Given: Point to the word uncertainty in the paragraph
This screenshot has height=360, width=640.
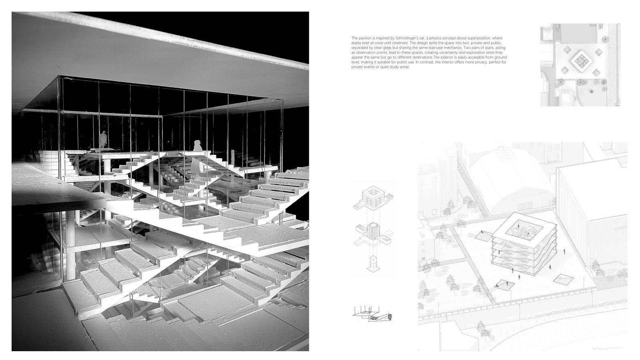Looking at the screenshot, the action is click(x=449, y=52).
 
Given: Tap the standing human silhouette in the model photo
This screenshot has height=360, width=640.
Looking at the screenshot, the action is click(x=103, y=140).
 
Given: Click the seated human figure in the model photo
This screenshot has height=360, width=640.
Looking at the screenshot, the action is click(x=197, y=146).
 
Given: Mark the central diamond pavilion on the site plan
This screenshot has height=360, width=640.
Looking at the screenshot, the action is click(x=580, y=61).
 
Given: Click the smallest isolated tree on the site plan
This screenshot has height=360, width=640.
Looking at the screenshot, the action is click(x=591, y=92).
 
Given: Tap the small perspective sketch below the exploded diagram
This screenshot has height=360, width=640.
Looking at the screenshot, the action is click(x=372, y=314).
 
